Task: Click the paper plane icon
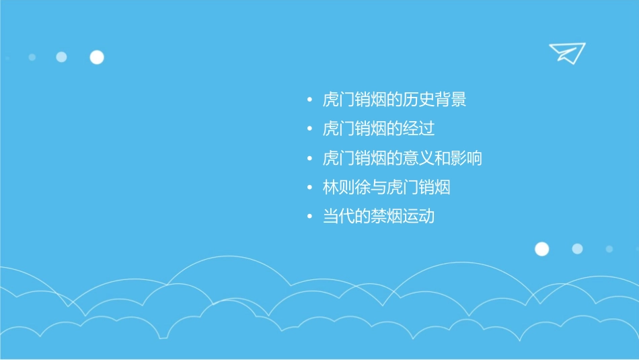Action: (x=567, y=52)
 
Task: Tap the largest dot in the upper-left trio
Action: (x=97, y=57)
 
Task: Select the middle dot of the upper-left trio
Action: (x=61, y=57)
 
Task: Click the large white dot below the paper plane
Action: (x=541, y=249)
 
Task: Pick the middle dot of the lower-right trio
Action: (x=577, y=249)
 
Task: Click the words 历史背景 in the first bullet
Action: (x=435, y=100)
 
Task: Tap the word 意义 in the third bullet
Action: (x=418, y=159)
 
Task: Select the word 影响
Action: (x=466, y=159)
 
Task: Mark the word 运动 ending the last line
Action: (x=418, y=217)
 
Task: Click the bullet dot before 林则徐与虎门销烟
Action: (x=309, y=188)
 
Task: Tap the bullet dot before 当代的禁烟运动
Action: (x=309, y=217)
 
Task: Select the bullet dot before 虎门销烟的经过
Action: (x=309, y=130)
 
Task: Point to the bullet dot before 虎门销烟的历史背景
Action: (x=309, y=101)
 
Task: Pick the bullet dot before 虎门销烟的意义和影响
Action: (x=309, y=159)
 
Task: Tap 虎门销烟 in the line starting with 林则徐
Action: (x=418, y=188)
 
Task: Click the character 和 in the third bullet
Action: (x=443, y=159)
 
